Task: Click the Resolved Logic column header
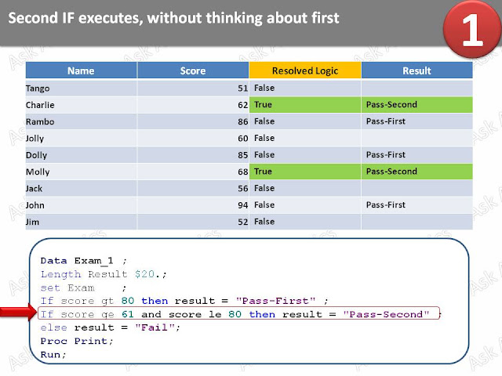click(304, 71)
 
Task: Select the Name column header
click(81, 71)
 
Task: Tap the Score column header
click(193, 71)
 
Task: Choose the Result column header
click(417, 71)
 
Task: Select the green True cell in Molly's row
click(304, 172)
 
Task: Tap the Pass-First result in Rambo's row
click(385, 121)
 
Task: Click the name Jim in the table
click(33, 222)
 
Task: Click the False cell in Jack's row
click(264, 188)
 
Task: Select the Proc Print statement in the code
click(77, 341)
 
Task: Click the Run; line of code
click(53, 354)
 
